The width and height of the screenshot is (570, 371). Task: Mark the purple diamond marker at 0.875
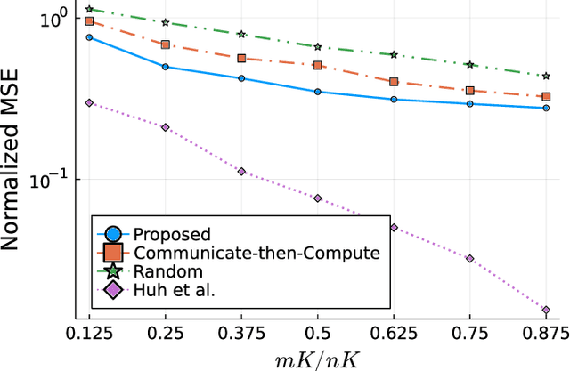[x=546, y=310]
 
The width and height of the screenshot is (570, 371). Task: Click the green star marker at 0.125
[x=89, y=9]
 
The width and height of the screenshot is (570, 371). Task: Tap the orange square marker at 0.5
[x=318, y=65]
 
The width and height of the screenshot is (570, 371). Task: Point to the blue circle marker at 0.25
[x=166, y=67]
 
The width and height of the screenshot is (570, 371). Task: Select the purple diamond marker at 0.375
[x=241, y=171]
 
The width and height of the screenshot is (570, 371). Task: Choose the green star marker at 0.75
[x=470, y=65]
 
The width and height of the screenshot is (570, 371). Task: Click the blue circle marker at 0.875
[x=546, y=108]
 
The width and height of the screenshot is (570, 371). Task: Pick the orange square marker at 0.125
[x=89, y=20]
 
